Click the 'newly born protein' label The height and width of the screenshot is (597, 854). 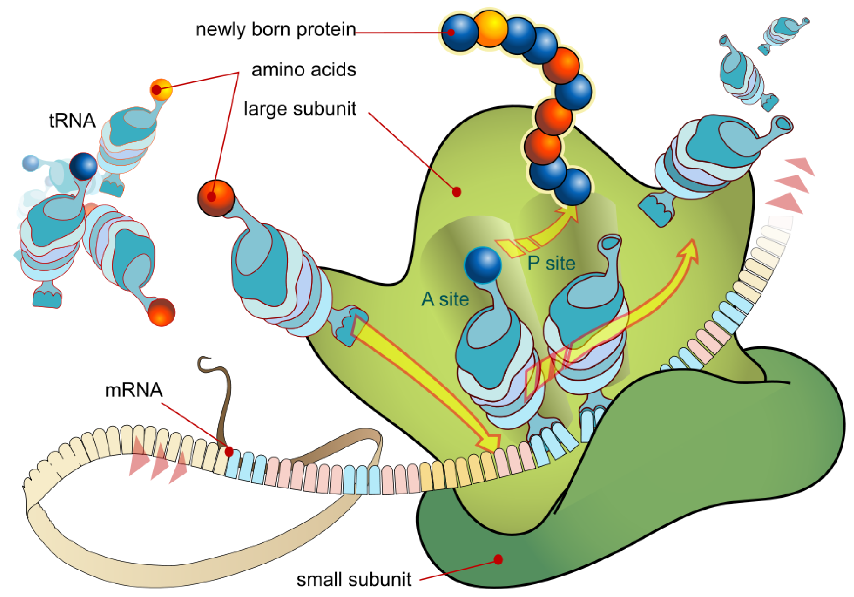coord(275,30)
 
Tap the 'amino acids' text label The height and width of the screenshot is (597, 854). coord(303,70)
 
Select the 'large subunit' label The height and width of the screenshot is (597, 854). coord(300,109)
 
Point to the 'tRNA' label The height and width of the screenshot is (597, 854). coord(72,121)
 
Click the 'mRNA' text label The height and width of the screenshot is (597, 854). coord(134,390)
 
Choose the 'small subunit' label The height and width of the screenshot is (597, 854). coord(354,580)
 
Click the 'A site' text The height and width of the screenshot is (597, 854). coord(445,299)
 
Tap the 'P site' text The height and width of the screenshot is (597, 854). coord(551,263)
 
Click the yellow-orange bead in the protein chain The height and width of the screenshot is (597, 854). coord(491,28)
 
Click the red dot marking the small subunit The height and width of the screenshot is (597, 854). coord(498,559)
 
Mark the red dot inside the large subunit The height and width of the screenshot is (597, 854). coord(457,192)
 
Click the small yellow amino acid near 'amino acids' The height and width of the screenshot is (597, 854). coord(161,90)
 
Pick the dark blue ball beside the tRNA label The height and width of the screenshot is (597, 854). coord(83,166)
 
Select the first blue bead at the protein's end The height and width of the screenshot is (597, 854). coord(460,32)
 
